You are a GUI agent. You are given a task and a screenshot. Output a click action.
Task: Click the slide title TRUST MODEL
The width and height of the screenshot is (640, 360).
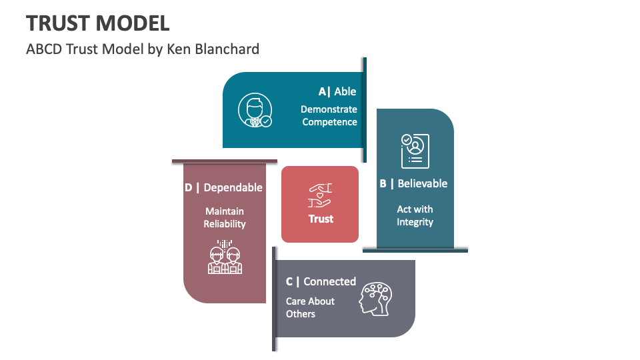coord(98,23)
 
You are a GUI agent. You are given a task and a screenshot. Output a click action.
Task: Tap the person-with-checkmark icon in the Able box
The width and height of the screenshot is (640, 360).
coord(255,111)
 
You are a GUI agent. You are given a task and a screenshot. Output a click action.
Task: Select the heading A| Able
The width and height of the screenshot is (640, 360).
coord(337,92)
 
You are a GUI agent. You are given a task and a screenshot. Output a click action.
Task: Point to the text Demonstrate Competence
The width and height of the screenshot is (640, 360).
coord(329,116)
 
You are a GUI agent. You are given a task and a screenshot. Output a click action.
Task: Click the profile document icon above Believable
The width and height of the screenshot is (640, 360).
coord(415,150)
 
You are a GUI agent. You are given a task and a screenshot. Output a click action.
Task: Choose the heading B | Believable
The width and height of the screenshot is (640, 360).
coord(413,183)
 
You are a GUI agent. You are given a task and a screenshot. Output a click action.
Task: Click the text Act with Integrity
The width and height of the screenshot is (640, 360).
coord(415,215)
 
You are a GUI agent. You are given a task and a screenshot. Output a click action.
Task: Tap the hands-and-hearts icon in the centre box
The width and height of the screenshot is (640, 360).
coord(320,195)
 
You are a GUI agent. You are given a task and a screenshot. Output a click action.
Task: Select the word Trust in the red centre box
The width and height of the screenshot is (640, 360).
coord(321,219)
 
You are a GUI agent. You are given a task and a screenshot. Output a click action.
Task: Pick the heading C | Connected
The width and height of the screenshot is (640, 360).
coord(321,281)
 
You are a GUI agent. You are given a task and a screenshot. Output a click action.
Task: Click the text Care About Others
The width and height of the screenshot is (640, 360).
coord(310,307)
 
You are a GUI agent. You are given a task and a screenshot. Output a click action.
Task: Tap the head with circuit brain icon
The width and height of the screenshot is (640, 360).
coord(377,298)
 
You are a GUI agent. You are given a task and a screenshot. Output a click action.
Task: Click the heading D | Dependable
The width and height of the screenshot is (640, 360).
coord(223,188)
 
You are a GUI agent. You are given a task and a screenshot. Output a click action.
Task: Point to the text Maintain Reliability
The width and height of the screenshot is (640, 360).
coord(225,218)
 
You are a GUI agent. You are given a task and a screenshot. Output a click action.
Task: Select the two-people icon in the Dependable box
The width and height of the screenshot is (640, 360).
coord(225,257)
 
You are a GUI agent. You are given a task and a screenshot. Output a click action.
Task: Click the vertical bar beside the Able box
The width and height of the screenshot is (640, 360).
coord(365,109)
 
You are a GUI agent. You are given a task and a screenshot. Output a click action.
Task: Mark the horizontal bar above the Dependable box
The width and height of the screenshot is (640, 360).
coord(224,161)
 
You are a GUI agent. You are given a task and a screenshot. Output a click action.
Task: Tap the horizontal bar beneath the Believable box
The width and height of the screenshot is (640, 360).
coord(415,251)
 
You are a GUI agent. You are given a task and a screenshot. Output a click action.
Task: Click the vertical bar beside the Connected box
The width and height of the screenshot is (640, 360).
coord(274,299)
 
